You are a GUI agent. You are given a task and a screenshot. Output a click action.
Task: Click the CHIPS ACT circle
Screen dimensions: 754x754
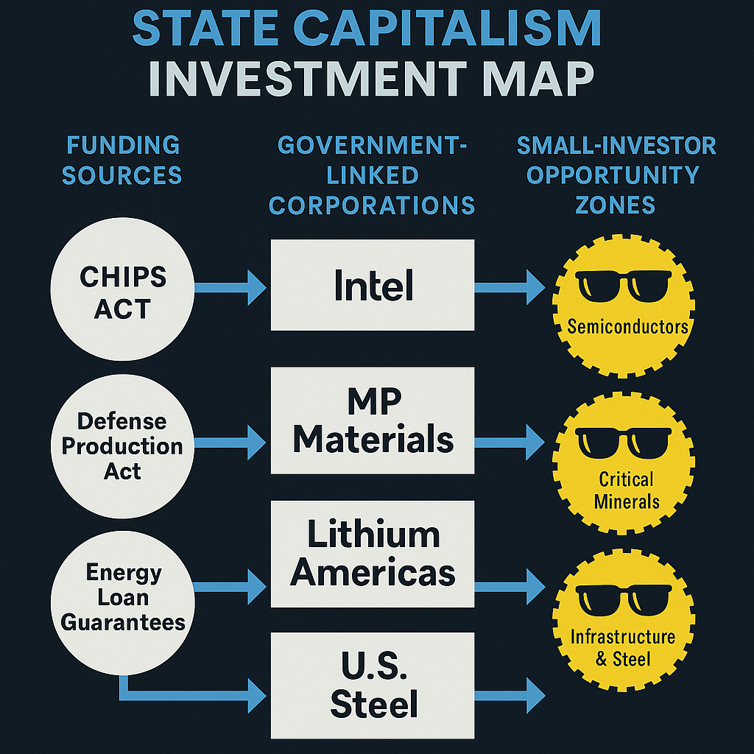121,289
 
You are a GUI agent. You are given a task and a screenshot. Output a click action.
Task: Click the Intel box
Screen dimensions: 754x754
373,286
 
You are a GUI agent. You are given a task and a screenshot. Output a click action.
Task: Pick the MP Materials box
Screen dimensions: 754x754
373,421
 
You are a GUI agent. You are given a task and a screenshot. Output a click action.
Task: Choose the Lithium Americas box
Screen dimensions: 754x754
373,554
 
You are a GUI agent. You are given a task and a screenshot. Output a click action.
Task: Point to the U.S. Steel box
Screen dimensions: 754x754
373,685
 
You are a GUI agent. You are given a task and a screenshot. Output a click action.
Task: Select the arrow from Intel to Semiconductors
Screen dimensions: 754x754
510,287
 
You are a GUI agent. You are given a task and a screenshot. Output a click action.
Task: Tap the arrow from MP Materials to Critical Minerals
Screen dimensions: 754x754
510,443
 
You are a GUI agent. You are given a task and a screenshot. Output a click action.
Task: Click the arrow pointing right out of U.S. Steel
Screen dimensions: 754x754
510,694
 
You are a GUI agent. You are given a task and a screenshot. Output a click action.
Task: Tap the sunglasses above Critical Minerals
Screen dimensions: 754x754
623,442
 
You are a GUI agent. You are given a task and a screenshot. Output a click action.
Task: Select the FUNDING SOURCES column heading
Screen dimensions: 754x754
121,160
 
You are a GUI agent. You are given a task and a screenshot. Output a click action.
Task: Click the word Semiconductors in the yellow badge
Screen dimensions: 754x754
627,326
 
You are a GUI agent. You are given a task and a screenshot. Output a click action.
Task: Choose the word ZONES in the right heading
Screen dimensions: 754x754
616,204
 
